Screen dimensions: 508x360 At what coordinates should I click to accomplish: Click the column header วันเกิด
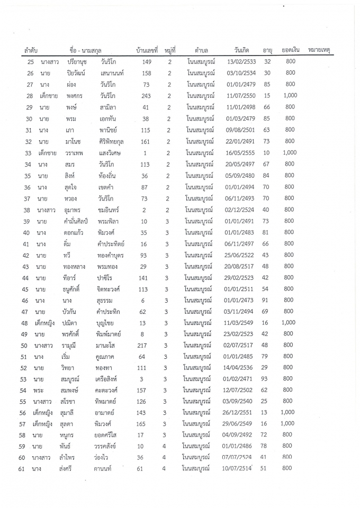click(x=241, y=51)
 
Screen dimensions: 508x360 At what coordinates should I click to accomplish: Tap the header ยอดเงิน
click(x=291, y=50)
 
